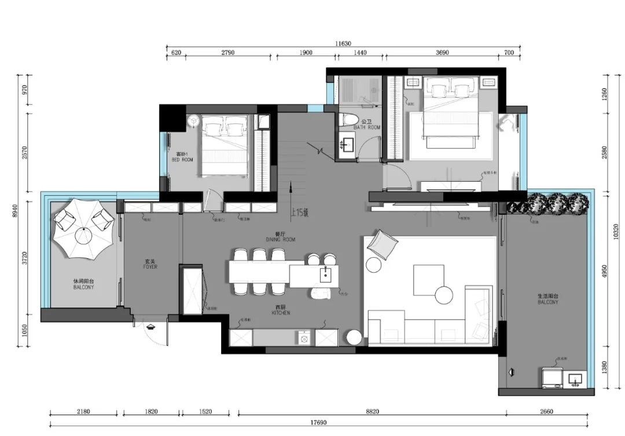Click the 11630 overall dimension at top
point(343,43)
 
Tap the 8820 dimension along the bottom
point(372,412)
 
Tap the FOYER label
point(150,269)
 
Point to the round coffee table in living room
point(444,295)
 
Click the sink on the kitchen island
point(326,274)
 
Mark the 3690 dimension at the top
point(442,53)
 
